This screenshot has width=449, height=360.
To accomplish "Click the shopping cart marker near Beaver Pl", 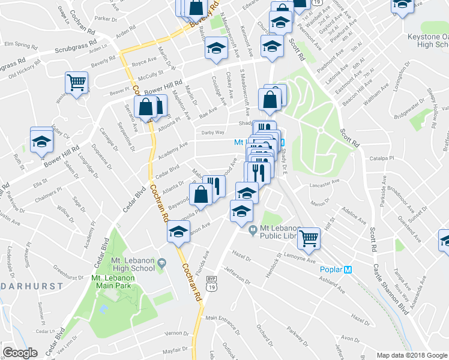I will tap(76, 83).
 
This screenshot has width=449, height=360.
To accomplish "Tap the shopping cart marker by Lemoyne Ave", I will tap(309, 238).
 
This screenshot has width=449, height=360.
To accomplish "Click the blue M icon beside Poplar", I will tap(348, 269).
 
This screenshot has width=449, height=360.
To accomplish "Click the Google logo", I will tap(20, 353).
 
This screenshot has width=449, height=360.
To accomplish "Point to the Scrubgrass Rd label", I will tap(76, 50).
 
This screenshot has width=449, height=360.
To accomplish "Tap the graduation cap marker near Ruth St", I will tap(41, 141).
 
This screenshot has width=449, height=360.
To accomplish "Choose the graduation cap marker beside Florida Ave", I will tap(178, 233).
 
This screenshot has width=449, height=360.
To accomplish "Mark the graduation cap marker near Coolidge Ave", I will tap(216, 50).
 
